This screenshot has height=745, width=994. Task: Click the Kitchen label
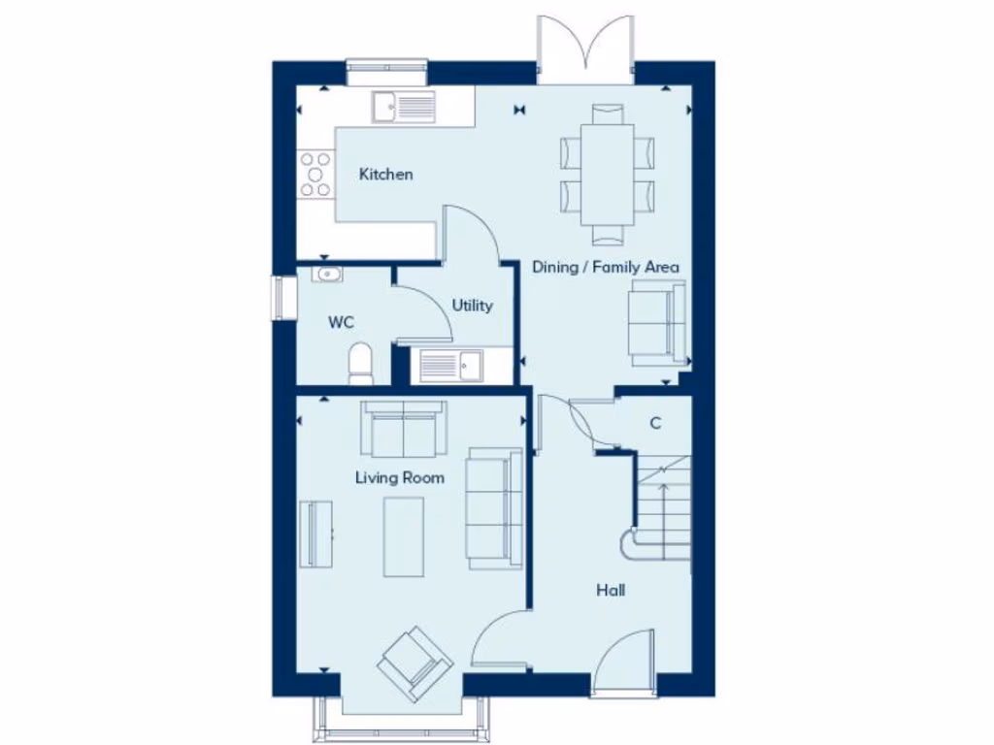coord(385,175)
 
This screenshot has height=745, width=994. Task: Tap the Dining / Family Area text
coord(605,267)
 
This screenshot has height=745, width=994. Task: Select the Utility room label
coord(472,306)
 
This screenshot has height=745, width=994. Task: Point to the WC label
coord(340,322)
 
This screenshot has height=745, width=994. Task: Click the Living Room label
coord(399,477)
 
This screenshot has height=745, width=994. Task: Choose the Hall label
coord(611,590)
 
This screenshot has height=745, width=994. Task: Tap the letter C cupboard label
coord(655,423)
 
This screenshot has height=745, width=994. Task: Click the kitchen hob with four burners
coord(315,175)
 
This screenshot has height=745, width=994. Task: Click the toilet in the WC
coord(360,361)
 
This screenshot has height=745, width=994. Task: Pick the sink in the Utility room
coord(452,365)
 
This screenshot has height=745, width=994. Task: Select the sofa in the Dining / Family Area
coord(657,323)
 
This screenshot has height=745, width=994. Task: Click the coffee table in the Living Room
coord(404,536)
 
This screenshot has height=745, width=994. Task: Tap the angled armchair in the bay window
coord(415,664)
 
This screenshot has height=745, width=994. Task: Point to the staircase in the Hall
coord(663,509)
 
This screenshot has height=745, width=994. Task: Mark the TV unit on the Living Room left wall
coord(315,534)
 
